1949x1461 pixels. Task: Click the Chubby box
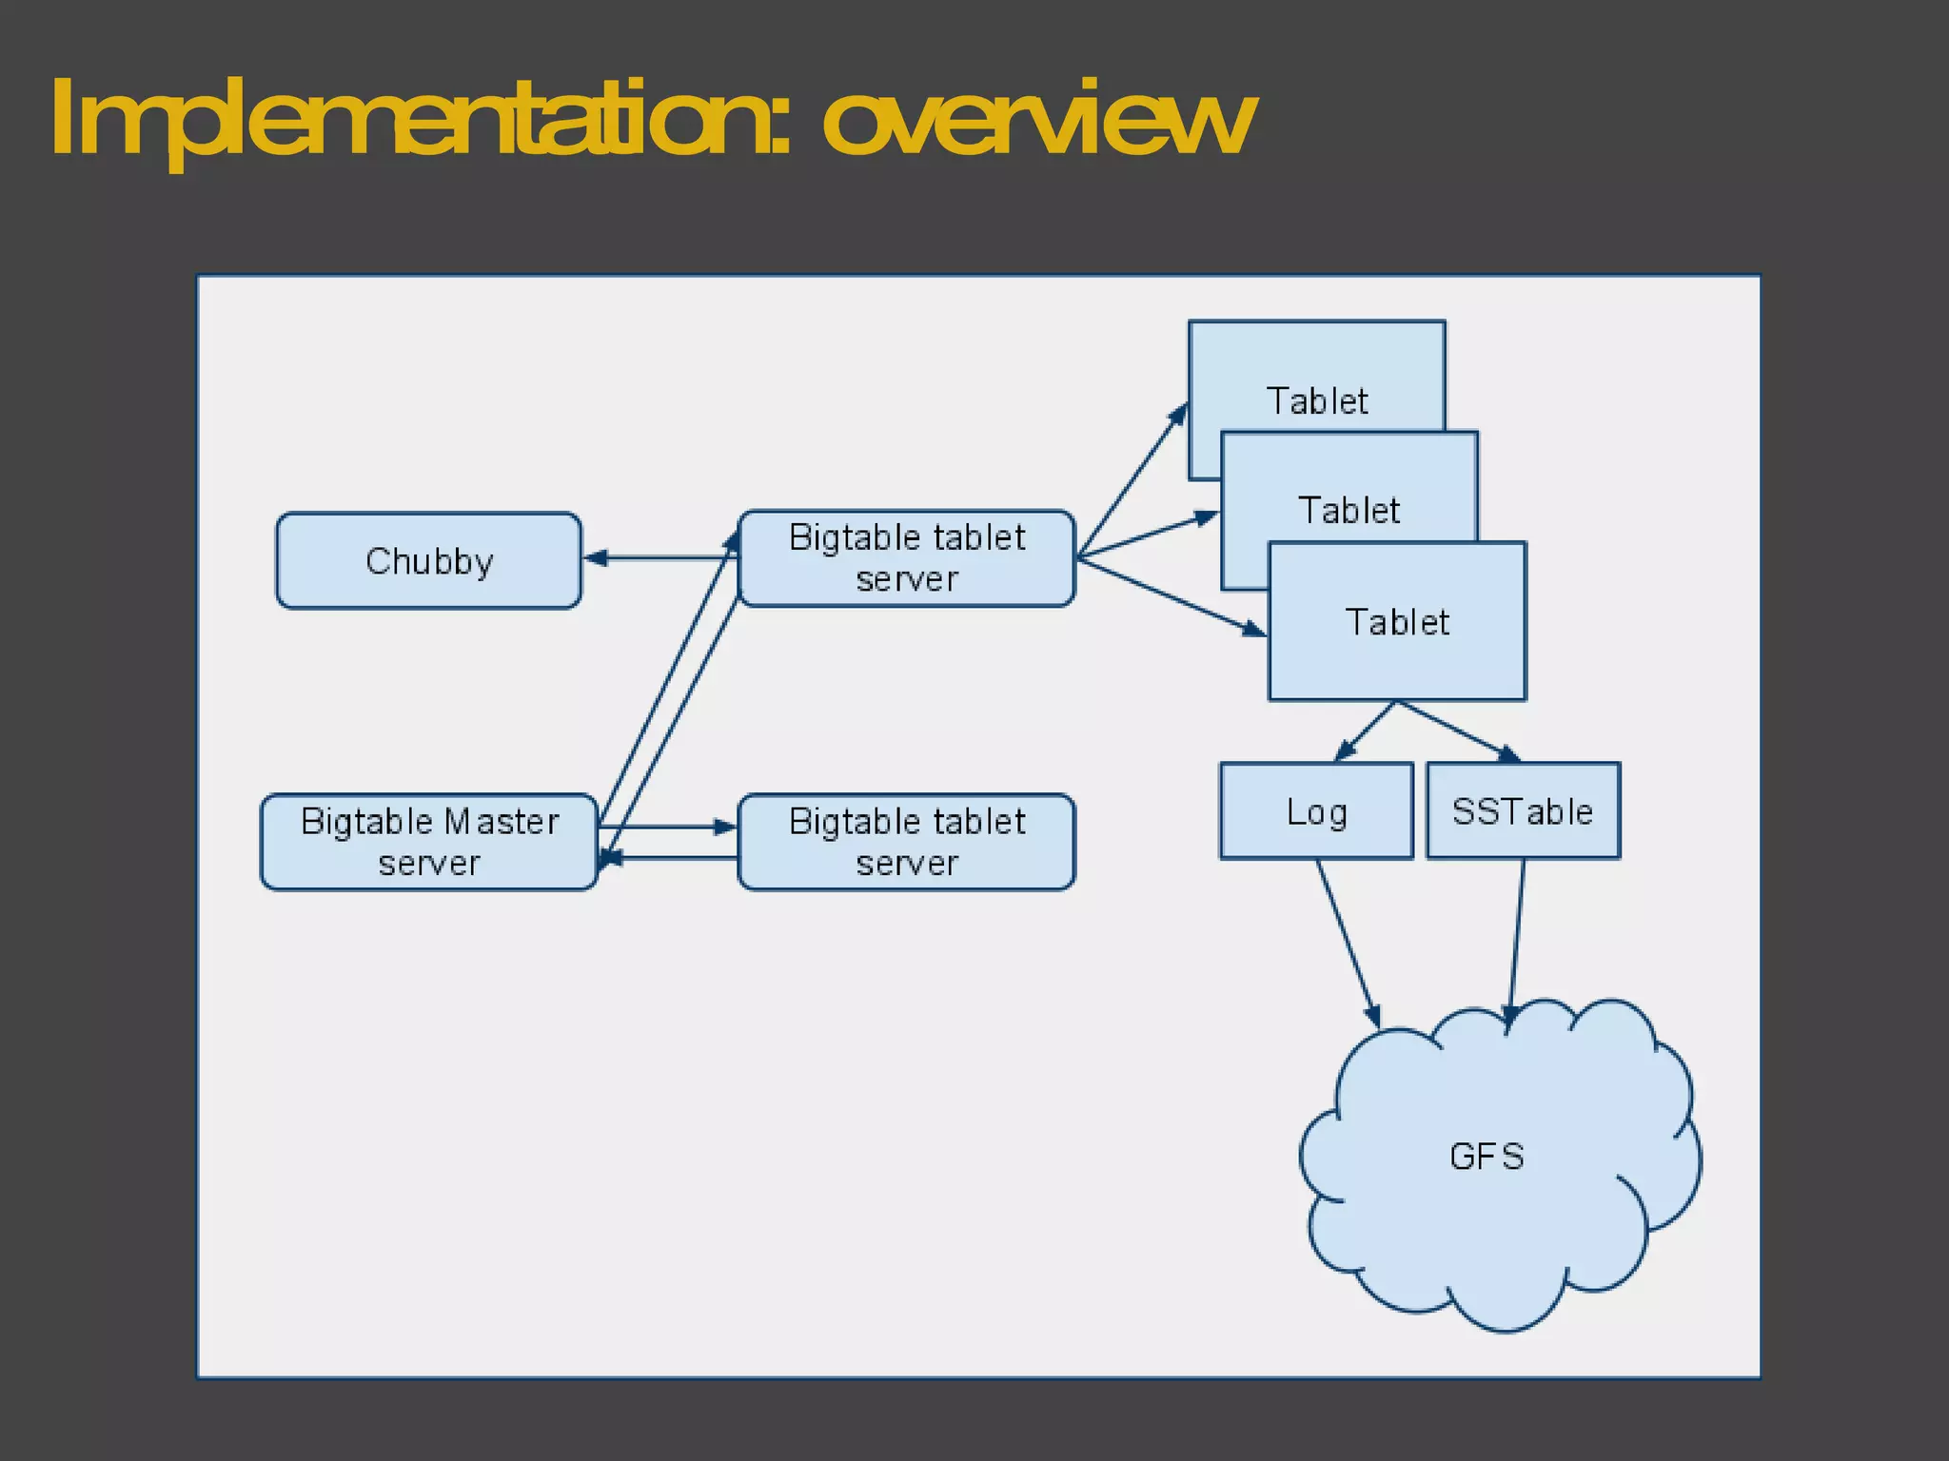pyautogui.click(x=428, y=560)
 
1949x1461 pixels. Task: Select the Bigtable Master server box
pyautogui.click(x=428, y=842)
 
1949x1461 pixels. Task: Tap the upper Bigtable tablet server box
pyautogui.click(x=906, y=558)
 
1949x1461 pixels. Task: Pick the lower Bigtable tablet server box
pyautogui.click(x=906, y=842)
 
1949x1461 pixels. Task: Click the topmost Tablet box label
pyautogui.click(x=1316, y=400)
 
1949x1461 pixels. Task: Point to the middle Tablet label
pyautogui.click(x=1349, y=511)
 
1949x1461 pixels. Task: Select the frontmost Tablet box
pyautogui.click(x=1396, y=622)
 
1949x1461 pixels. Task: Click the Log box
pyautogui.click(x=1316, y=811)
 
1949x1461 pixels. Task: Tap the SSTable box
pyautogui.click(x=1522, y=811)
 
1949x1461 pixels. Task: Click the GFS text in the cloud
pyautogui.click(x=1486, y=1157)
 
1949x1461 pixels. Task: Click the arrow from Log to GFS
pyautogui.click(x=1348, y=942)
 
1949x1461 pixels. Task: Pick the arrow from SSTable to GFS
pyautogui.click(x=1517, y=937)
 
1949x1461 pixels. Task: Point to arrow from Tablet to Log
pyautogui.click(x=1365, y=731)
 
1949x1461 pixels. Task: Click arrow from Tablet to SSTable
pyautogui.click(x=1456, y=731)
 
